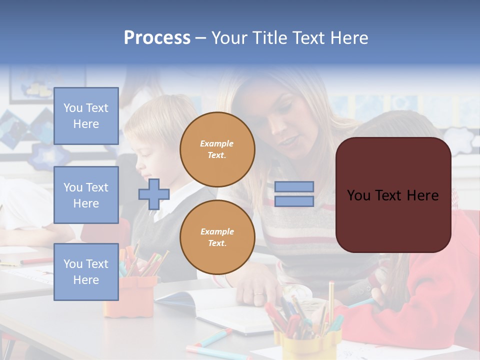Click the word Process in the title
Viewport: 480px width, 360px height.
[157, 38]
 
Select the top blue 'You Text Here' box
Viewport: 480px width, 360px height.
[86, 116]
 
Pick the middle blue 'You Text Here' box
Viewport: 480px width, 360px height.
[86, 195]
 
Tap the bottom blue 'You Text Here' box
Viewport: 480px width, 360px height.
[86, 272]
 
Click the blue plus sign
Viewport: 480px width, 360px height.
[153, 194]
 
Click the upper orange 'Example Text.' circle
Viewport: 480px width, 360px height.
[217, 149]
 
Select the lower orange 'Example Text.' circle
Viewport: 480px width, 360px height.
[217, 237]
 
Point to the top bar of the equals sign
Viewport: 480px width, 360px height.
[294, 187]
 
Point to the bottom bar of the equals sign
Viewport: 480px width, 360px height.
[294, 201]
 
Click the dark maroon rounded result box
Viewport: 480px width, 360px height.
[393, 195]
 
